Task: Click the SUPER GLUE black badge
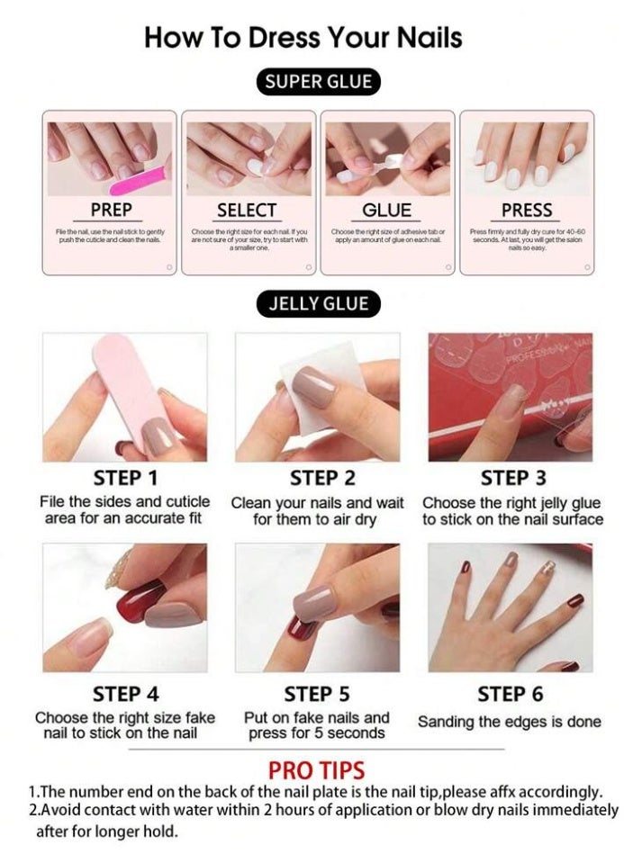click(317, 82)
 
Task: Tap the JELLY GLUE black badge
click(318, 303)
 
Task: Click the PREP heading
click(111, 210)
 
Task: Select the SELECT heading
click(247, 210)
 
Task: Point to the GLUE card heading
click(386, 210)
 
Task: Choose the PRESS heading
click(527, 210)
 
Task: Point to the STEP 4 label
click(125, 694)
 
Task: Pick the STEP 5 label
click(316, 694)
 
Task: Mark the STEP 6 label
click(510, 694)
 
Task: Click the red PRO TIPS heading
click(316, 770)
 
